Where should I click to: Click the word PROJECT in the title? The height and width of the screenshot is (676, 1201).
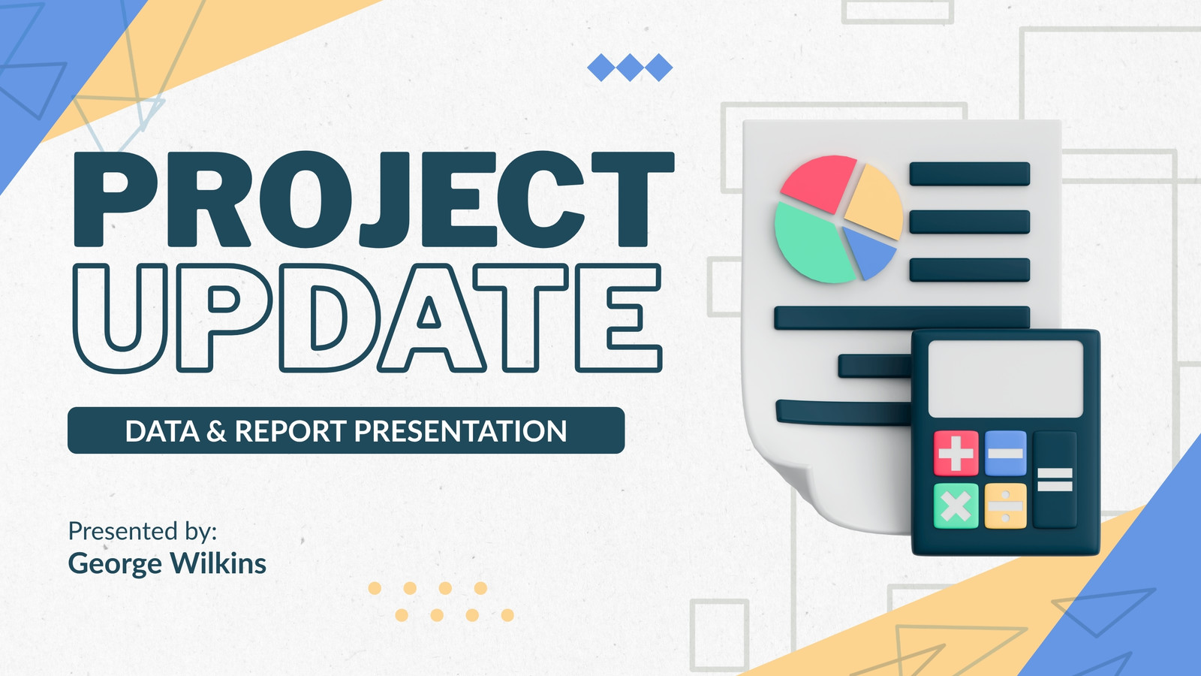tap(374, 200)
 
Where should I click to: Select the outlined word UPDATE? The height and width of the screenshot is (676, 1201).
tap(368, 318)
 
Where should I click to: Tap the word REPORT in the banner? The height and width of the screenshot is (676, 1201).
tap(291, 431)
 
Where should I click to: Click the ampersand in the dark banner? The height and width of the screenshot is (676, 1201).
tap(217, 431)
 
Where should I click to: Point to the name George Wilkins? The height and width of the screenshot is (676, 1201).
tap(167, 564)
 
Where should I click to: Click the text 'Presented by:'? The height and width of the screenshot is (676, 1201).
tap(143, 531)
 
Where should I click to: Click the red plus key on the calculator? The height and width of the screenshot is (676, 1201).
tap(956, 454)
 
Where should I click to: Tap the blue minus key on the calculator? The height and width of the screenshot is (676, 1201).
tap(1006, 454)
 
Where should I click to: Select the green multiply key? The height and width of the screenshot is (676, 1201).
tap(956, 506)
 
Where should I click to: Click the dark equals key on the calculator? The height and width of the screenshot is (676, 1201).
tap(1055, 480)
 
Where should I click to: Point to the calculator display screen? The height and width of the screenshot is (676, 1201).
tap(1005, 379)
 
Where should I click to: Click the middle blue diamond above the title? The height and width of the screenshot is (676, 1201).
tap(630, 68)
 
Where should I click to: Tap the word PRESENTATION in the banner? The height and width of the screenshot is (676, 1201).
tap(460, 431)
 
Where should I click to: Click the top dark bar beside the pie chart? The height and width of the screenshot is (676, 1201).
tap(969, 174)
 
